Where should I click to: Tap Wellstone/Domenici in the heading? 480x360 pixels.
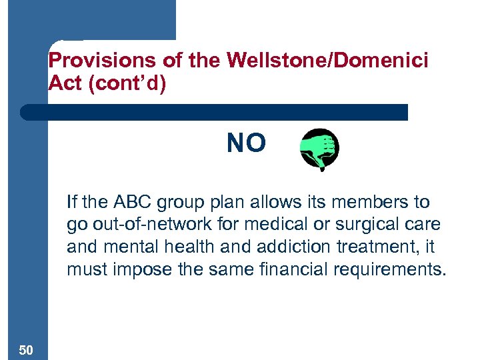tap(328, 61)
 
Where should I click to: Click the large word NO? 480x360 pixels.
tap(246, 143)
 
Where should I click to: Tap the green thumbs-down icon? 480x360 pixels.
tap(319, 149)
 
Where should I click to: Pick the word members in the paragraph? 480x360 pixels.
tap(372, 202)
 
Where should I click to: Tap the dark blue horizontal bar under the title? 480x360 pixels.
tap(213, 112)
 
